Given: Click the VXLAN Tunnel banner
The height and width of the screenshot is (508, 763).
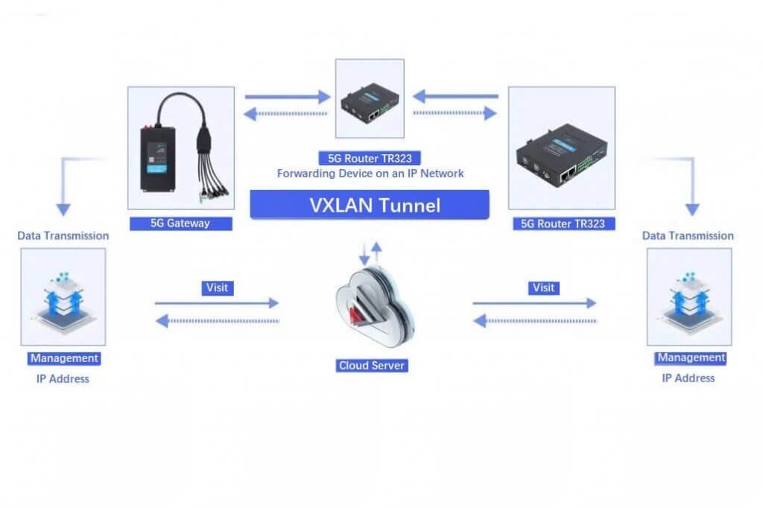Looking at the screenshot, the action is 370,205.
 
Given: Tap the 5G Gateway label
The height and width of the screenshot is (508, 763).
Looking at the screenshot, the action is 180,223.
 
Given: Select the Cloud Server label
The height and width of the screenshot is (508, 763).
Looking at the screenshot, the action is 372,366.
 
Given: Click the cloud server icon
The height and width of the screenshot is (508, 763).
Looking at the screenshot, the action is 375,307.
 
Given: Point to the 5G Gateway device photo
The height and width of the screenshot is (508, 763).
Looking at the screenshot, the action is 181,148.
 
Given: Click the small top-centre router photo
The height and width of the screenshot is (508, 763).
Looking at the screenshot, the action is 370,99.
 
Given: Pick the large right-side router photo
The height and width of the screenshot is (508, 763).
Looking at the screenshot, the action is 562,148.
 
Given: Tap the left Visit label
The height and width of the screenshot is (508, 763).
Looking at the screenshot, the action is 218,288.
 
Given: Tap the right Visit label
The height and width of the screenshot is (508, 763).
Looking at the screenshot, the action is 543,288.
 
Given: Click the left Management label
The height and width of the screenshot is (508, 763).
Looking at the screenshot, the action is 64,358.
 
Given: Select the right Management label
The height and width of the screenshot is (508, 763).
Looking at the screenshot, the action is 691,358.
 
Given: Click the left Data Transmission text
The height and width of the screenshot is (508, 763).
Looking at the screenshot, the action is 63,236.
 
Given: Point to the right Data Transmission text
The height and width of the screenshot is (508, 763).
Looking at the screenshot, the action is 688,236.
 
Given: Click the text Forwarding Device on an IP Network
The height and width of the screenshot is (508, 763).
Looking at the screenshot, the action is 370,174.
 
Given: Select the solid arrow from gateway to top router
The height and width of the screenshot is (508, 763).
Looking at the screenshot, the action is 288,97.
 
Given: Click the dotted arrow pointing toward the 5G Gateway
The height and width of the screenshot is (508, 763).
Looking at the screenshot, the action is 285,114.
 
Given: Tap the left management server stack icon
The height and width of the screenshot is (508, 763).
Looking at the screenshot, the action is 64,302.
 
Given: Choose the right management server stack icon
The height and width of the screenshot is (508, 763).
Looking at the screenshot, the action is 689,302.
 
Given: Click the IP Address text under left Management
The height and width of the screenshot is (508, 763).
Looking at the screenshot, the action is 63,379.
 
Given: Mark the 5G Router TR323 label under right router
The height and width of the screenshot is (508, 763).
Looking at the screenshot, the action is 563,223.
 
